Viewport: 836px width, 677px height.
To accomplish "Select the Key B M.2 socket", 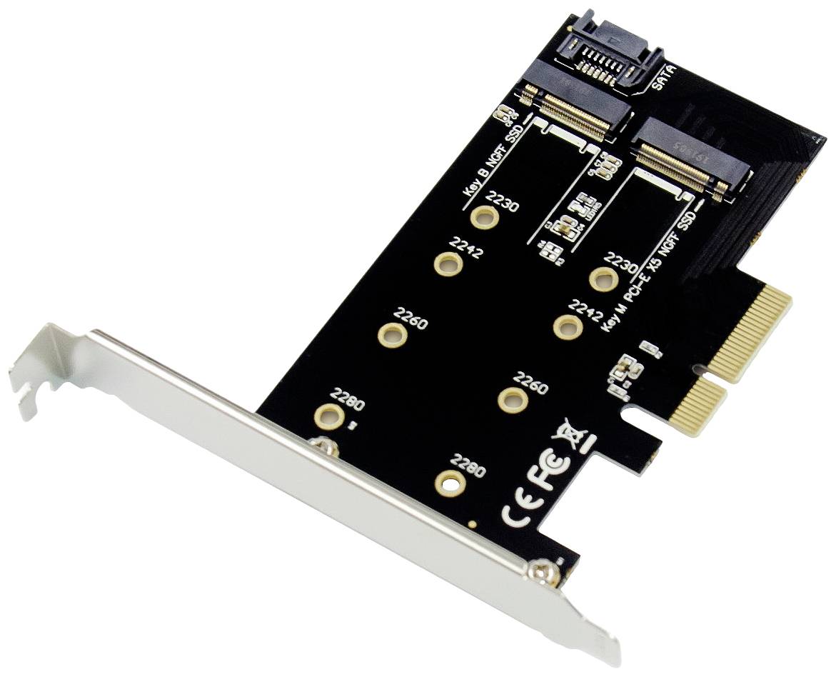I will coord(575,108).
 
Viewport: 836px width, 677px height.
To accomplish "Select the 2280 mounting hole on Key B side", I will coord(328,415).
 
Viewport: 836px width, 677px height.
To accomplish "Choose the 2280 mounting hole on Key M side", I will coord(450,483).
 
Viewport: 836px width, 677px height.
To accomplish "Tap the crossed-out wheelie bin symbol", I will coord(575,433).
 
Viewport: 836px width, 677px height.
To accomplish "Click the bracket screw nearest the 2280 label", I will coord(326,447).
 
